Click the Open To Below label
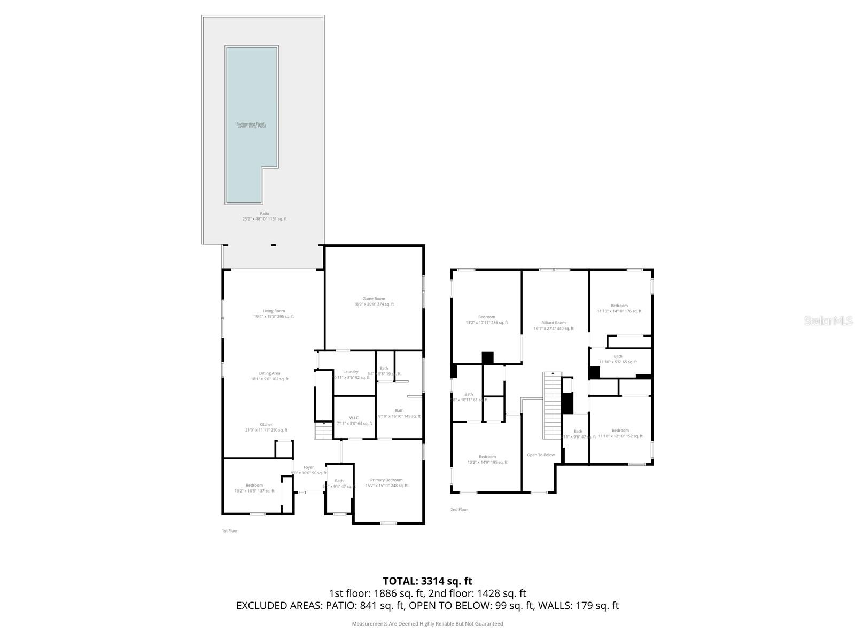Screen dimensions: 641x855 pyautogui.click(x=541, y=455)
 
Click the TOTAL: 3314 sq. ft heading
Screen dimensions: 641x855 pyautogui.click(x=428, y=581)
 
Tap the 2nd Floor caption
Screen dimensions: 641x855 pyautogui.click(x=459, y=510)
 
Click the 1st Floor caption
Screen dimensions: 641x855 pyautogui.click(x=230, y=531)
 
